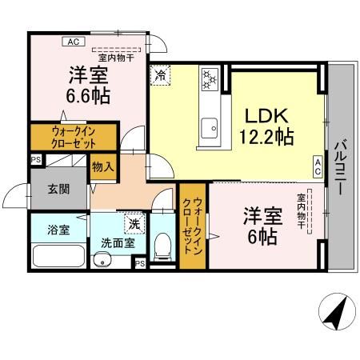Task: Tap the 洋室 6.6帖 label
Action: (88, 85)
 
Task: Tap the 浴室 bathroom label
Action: (48, 230)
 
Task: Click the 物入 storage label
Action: (103, 167)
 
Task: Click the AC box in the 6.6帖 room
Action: (73, 42)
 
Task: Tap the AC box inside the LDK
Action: (318, 166)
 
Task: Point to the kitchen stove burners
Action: (210, 78)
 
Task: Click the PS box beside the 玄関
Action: (35, 160)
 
